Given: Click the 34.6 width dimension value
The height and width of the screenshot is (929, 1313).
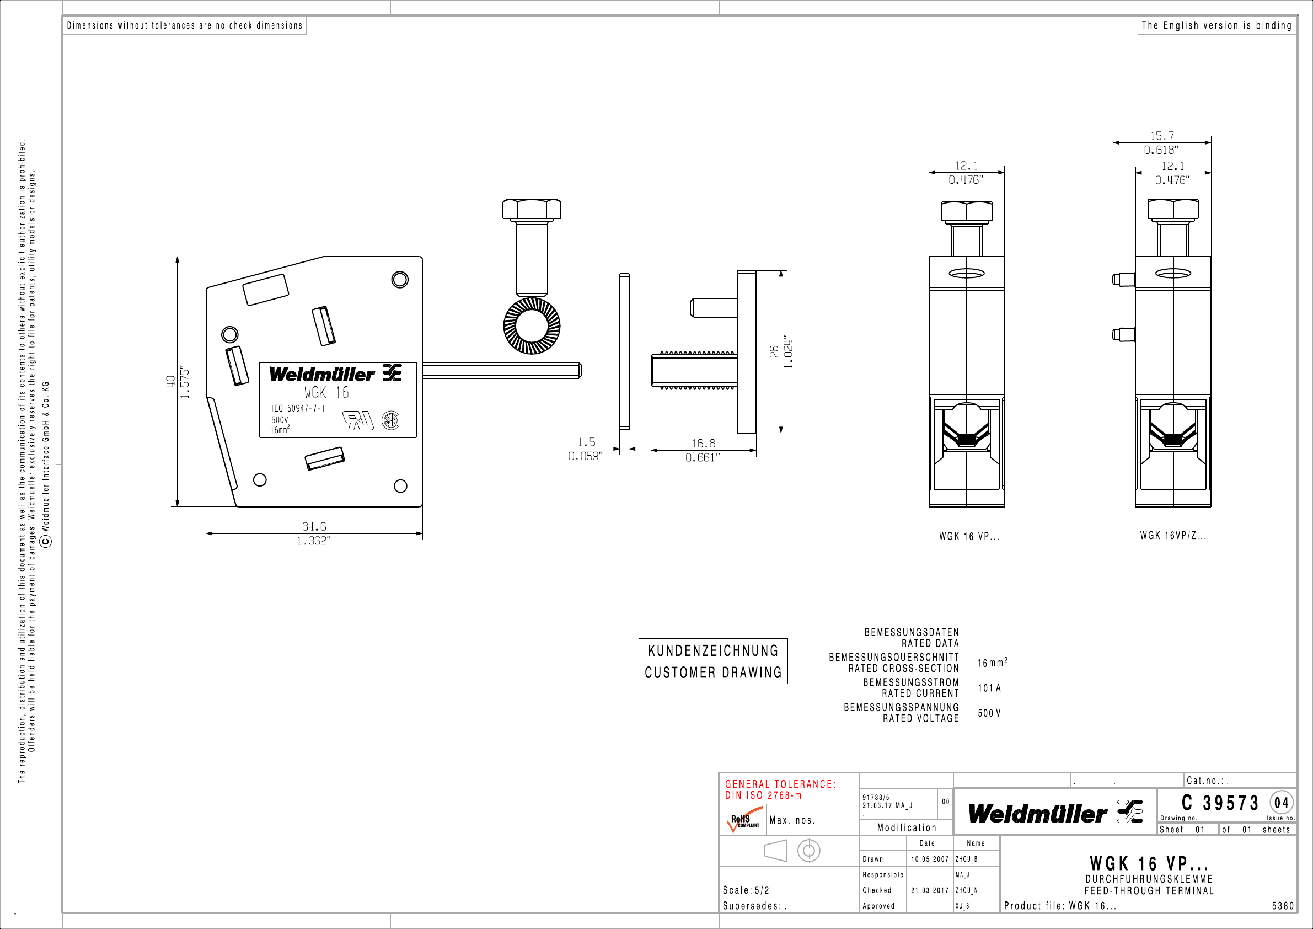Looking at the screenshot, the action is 314,526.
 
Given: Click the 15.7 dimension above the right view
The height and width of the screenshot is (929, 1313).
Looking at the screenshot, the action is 1162,136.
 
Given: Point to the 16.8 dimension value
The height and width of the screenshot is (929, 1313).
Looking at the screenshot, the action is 704,444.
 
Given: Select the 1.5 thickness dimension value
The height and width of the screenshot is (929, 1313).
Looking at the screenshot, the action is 586,442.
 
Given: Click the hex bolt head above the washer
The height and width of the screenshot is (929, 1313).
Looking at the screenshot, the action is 532,210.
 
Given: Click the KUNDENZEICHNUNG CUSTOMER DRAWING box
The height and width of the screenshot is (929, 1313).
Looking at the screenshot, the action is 713,661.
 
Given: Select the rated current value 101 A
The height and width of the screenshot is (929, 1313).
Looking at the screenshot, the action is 989,687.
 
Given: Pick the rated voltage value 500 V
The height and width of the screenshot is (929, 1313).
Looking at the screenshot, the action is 989,713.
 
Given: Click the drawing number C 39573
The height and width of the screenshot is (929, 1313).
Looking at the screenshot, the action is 1220,803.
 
